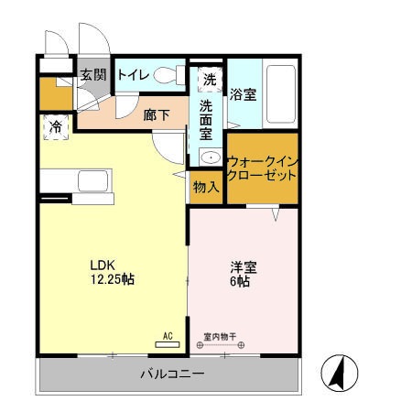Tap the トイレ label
click(133, 74)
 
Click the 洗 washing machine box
click(210, 80)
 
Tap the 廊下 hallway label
click(157, 115)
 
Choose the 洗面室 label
click(206, 120)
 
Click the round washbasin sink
click(211, 158)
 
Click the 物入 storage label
click(206, 188)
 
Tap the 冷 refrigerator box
click(55, 127)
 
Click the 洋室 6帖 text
click(243, 275)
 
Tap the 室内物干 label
click(220, 336)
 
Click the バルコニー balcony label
click(171, 374)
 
